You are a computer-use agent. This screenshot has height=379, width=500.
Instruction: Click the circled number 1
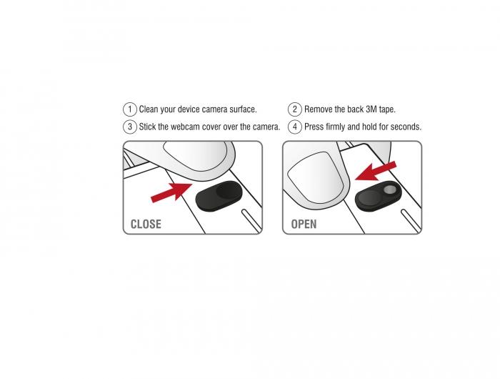(130, 109)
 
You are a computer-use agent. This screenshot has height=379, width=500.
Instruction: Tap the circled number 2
(294, 109)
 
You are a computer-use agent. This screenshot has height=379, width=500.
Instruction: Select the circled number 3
(130, 127)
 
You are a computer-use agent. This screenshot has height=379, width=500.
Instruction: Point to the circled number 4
(294, 127)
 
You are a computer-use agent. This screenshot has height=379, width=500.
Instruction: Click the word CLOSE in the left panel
(146, 224)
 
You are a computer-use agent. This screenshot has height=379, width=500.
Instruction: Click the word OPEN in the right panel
(304, 224)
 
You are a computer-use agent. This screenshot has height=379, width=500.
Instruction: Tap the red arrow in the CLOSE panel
(171, 192)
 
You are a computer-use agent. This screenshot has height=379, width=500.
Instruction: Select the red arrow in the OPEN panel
(376, 171)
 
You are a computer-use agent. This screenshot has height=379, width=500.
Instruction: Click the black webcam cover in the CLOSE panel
(219, 196)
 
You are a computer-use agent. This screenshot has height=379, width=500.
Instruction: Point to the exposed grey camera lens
(389, 190)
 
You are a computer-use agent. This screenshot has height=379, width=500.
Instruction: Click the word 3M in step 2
(371, 109)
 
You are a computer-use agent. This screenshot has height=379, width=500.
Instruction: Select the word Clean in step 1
(149, 109)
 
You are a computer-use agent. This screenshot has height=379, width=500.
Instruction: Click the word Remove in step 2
(316, 109)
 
